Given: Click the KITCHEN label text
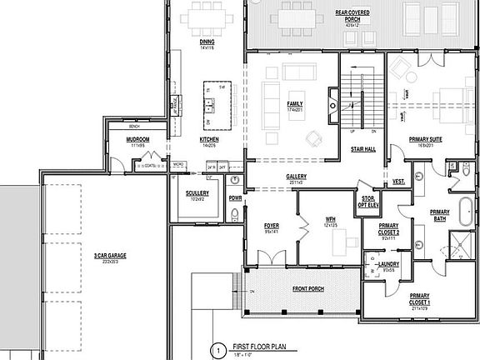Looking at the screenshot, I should (x=208, y=140).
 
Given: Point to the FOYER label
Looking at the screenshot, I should (x=272, y=225).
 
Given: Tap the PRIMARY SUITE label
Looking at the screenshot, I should (x=424, y=140).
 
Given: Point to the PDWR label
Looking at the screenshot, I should (x=235, y=198).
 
